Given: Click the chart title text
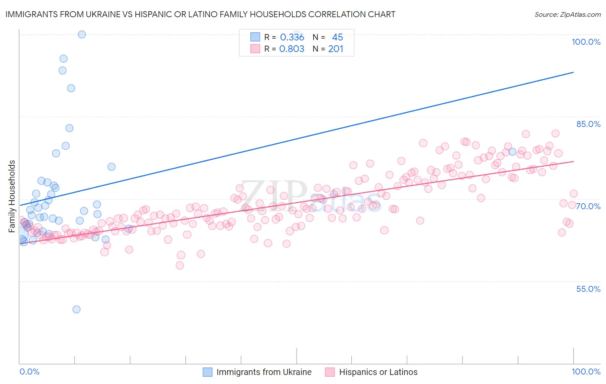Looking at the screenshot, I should coord(200,14).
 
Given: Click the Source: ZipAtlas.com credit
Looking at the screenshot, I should coord(567,14).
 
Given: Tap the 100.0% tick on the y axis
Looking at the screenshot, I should coord(586,42).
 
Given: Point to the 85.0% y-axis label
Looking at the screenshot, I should coord(588,124).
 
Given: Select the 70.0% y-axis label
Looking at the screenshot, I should coord(588,206).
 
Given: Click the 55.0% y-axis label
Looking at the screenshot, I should coord(588,289).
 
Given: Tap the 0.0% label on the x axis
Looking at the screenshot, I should coord(29,372).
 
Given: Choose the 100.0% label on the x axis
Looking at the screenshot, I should coord(586,372).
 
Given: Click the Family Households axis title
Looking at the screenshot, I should coord(12,196).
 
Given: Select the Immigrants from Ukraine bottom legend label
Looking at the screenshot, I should coord(264,372).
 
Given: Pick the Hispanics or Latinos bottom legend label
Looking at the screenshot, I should coord(378,372).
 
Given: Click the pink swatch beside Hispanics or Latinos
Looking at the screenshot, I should coord(330,372).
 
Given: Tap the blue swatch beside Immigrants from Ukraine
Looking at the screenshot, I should coord(207,372).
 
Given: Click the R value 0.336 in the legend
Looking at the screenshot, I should coord(292,37).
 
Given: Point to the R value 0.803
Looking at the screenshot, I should coord(292,49).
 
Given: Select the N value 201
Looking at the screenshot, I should coord(336,49).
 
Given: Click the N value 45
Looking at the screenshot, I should coord(337,37).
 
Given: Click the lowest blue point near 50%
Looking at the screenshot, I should coord(76,309).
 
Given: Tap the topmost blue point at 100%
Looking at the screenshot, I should coord(81,34).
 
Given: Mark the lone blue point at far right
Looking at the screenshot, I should coord(512,152).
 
